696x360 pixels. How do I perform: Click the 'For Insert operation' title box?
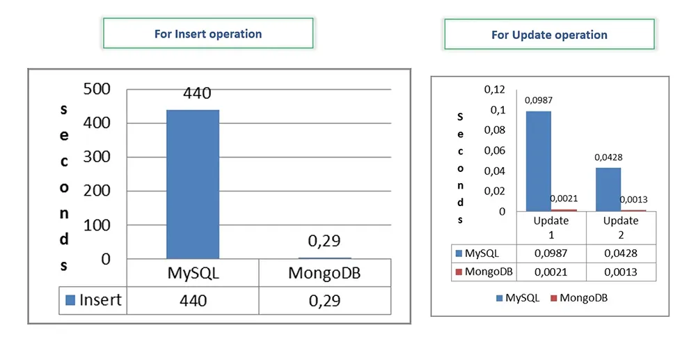208,33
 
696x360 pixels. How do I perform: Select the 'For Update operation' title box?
549,34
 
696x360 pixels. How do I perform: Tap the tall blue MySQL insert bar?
193,185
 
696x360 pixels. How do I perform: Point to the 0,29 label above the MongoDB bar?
324,241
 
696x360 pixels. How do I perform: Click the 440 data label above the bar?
197,93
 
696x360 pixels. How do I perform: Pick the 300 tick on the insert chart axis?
97,157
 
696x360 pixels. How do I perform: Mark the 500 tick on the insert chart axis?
97,88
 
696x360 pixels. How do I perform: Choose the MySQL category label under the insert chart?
193,273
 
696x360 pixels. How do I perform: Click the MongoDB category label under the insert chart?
324,273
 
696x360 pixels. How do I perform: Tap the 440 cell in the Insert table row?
193,301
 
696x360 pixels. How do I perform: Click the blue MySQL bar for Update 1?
539,161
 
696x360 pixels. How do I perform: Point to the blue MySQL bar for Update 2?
608,189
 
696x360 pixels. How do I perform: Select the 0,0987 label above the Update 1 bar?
539,100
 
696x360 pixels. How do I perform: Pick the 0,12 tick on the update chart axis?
494,90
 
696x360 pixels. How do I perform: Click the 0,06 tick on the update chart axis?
494,151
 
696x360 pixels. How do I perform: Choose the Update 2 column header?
621,228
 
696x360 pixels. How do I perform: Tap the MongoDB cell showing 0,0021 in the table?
551,272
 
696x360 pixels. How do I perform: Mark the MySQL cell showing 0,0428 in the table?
621,253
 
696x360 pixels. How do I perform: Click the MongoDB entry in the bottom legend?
579,298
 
